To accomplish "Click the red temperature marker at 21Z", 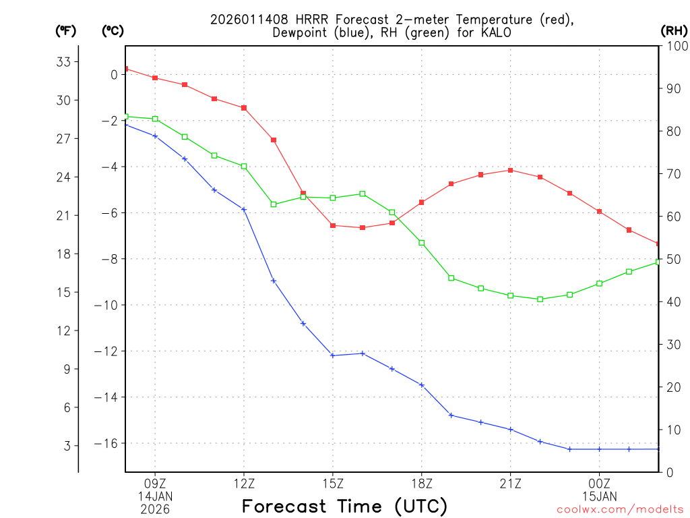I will (511, 170).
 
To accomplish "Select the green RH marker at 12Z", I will (244, 166).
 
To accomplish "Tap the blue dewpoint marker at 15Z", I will (333, 355).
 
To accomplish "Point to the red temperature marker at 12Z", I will (244, 108).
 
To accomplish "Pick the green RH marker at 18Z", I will (422, 243).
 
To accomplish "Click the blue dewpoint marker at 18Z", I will (422, 385).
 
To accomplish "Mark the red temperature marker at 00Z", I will (599, 212).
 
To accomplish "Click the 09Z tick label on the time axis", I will (155, 483).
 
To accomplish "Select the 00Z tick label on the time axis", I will (599, 483).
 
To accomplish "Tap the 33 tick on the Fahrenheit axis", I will (63, 62).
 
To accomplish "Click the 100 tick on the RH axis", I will (675, 46).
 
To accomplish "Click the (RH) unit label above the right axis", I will (674, 30).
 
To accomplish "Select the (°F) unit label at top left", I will (65, 30).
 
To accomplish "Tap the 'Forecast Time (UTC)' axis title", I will (344, 506).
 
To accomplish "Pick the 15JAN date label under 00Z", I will (599, 496).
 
